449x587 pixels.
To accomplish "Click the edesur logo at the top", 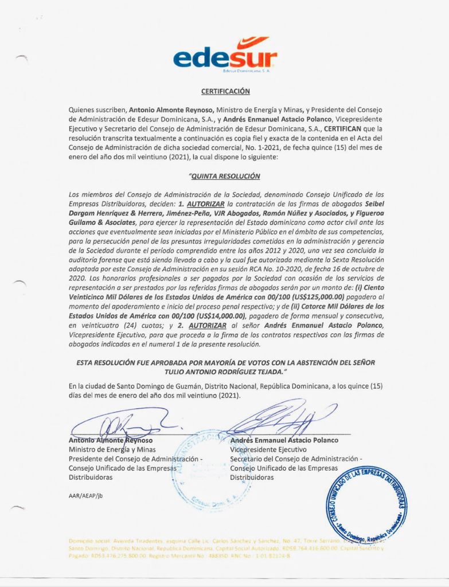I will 225,58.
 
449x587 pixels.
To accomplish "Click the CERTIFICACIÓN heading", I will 225,91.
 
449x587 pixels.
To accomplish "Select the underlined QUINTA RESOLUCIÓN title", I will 225,177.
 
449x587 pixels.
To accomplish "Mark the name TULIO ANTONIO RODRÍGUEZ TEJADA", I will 225,372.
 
